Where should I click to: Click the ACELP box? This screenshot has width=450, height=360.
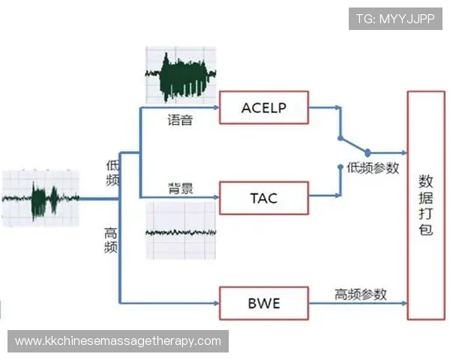[264, 108]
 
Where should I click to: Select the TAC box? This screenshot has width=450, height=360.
[264, 198]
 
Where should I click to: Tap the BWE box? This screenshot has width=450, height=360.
[264, 304]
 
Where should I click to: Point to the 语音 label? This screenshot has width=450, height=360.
[180, 120]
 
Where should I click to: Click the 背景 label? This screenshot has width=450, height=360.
[180, 188]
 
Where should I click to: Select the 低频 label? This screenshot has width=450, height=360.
[112, 173]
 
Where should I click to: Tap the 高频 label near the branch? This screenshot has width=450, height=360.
[110, 240]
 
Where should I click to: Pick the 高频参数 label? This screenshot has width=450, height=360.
[361, 294]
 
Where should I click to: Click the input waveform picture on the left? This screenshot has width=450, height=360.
[40, 199]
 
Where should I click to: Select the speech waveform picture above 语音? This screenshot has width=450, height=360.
[180, 76]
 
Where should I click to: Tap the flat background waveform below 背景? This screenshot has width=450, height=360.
[180, 232]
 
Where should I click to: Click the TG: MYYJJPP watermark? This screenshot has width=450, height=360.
[395, 19]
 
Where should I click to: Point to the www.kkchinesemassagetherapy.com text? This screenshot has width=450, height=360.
[118, 341]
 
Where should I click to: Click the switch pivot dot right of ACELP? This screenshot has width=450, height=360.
[367, 152]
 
